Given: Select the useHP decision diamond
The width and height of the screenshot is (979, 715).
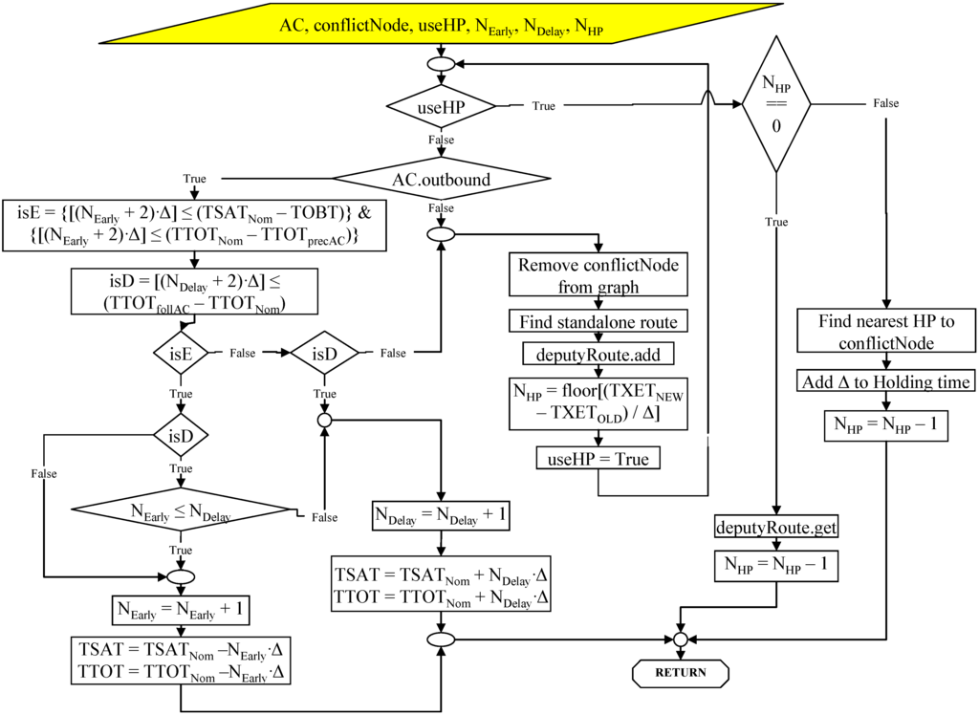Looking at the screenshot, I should (441, 105).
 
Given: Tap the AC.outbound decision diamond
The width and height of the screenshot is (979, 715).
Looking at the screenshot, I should (441, 179).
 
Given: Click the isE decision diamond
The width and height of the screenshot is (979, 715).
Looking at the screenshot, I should (181, 353).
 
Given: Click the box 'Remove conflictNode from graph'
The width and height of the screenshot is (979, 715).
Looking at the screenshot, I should (598, 273).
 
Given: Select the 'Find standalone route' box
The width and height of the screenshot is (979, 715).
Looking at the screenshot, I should (598, 321).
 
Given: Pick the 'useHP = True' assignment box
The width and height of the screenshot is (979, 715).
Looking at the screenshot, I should (598, 459).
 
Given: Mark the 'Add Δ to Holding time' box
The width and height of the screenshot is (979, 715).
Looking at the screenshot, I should (886, 382).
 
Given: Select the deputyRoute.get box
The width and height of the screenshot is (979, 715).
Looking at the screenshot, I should (776, 527).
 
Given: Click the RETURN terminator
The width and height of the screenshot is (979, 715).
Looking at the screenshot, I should (680, 672).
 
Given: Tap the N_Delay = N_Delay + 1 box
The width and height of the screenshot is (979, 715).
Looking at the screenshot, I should (441, 516).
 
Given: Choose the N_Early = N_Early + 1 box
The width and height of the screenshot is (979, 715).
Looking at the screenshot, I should (181, 609).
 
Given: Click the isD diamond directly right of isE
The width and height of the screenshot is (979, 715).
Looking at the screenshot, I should (324, 353).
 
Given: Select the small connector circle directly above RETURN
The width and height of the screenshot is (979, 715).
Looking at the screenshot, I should (680, 639).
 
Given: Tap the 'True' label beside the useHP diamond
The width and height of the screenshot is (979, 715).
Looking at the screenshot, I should (543, 106).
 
